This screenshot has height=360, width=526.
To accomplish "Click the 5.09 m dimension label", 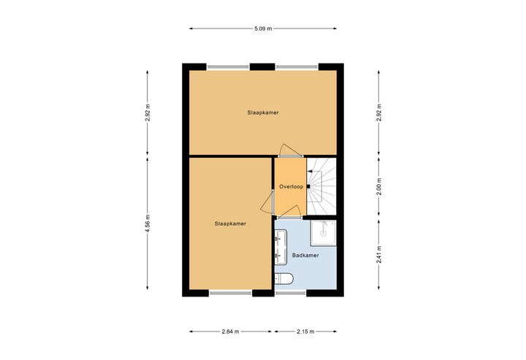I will coord(263,28).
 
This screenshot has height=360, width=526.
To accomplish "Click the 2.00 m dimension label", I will coord(378,187).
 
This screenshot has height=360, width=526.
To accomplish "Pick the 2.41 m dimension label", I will coord(378,255).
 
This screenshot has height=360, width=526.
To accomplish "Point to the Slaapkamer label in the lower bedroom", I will coord(230,224).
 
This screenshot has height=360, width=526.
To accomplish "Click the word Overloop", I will coord(291,187).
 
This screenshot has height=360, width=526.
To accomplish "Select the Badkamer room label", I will coord(304,256).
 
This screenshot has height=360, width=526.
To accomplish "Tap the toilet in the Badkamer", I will coord(283,278).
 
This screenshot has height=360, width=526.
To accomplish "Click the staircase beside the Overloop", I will coord(321,187).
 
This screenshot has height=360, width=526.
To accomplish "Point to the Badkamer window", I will coord(291,294).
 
